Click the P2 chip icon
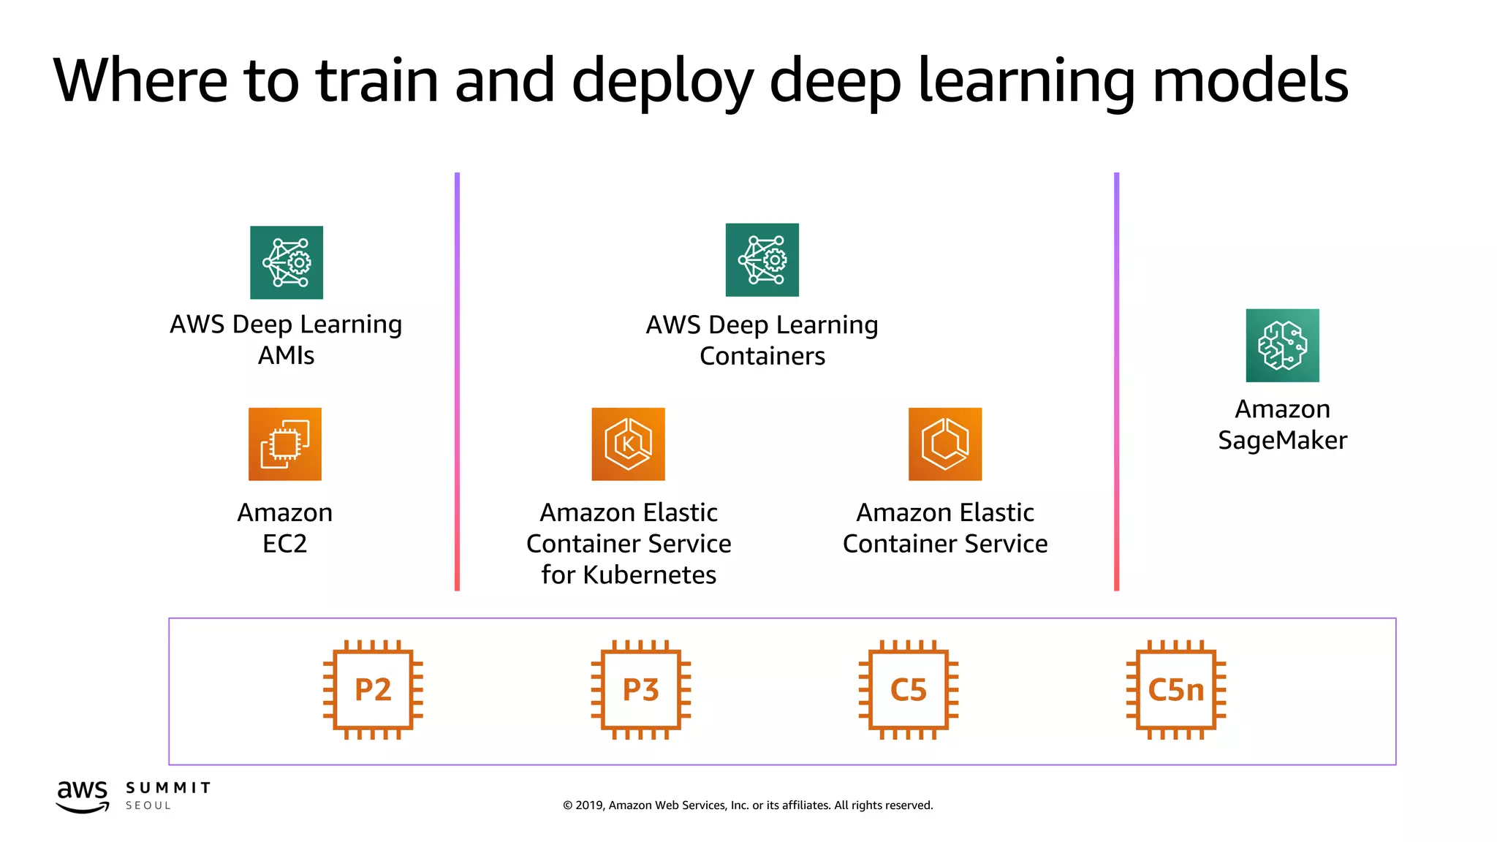(373, 689)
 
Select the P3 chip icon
(640, 689)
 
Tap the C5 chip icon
(908, 689)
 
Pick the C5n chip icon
(1175, 689)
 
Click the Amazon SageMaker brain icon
(1282, 345)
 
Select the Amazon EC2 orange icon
(285, 444)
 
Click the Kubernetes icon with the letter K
(628, 444)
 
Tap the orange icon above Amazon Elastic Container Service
(944, 444)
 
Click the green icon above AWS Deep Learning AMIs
(287, 262)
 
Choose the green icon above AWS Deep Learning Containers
(762, 259)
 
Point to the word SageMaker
(1282, 440)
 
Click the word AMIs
(286, 355)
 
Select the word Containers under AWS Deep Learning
(762, 356)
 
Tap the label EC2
(284, 544)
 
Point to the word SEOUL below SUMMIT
(148, 805)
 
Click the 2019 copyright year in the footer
(589, 805)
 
